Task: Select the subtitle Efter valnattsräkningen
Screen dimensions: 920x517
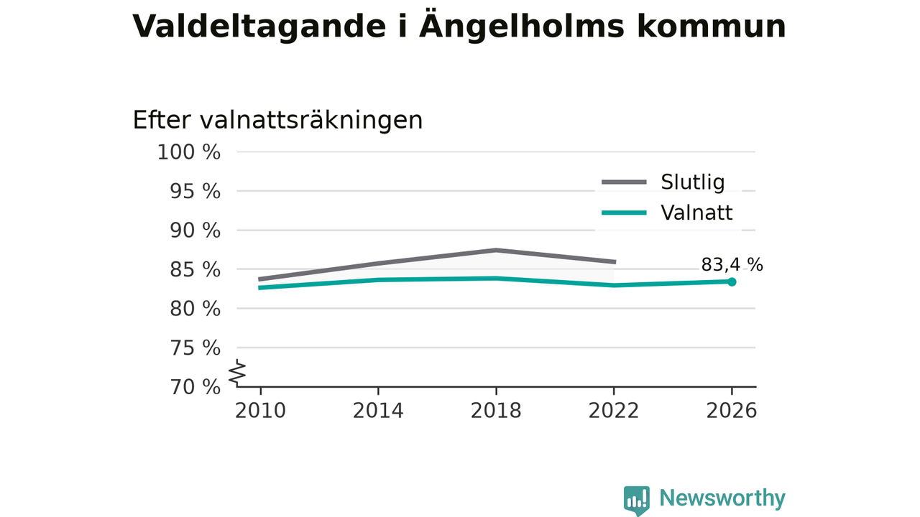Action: (277, 120)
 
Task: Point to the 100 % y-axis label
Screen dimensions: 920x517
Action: (189, 152)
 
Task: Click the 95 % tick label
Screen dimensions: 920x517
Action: (195, 191)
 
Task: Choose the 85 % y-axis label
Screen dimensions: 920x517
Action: (195, 269)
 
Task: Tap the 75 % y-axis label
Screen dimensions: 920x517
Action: (195, 348)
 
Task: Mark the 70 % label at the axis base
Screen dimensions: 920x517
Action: (195, 387)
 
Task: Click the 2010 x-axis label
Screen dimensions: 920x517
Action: (260, 411)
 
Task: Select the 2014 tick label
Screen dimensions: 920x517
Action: (378, 411)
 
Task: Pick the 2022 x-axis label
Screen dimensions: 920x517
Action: (614, 411)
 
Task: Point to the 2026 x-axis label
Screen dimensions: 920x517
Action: (732, 411)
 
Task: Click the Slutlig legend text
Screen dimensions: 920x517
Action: (693, 182)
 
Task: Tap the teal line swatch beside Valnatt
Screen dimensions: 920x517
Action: (625, 213)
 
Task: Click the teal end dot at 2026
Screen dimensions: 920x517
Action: (732, 282)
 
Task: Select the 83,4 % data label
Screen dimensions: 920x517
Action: (732, 265)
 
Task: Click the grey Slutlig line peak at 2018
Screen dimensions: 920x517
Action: (496, 250)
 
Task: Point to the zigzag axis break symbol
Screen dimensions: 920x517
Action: (237, 372)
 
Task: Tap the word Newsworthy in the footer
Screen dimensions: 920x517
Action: (722, 498)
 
